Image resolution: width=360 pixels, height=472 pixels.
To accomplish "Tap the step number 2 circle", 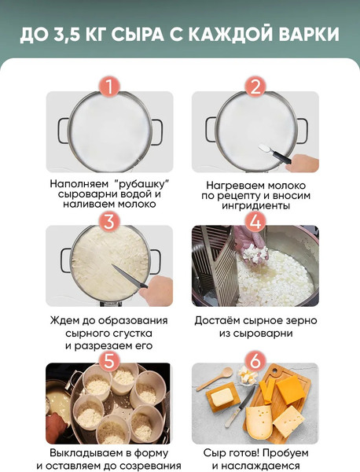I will [x=255, y=86].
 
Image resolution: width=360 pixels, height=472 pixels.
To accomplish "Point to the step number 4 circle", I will [x=255, y=220].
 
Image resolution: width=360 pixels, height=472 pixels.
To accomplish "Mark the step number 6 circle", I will [x=255, y=360].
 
